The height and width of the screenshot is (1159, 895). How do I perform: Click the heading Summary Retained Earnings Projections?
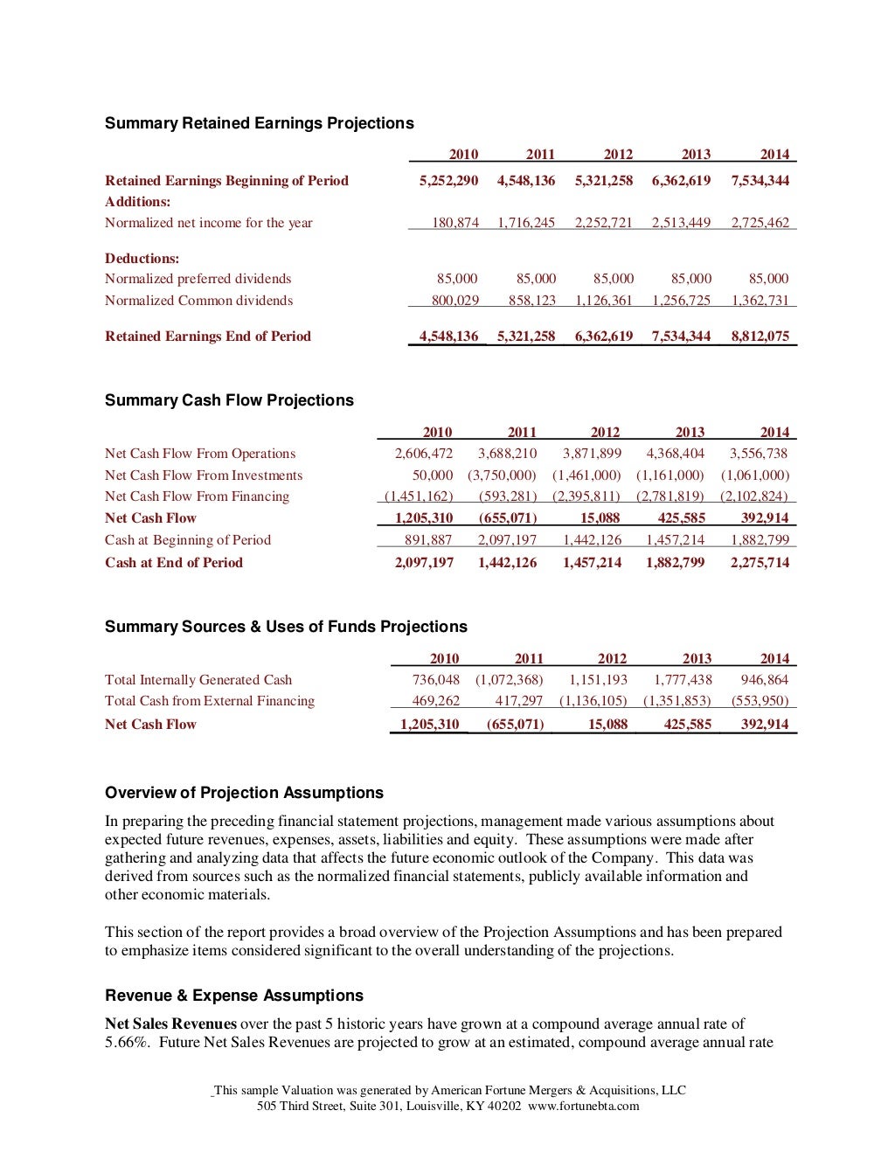pyautogui.click(x=259, y=123)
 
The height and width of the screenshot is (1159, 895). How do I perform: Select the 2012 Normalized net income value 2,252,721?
pyautogui.click(x=603, y=223)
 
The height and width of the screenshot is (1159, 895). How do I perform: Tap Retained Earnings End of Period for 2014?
pyautogui.click(x=760, y=337)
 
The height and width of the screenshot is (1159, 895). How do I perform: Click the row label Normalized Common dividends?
pyautogui.click(x=198, y=301)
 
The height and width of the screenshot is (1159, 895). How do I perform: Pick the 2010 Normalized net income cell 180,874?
pyautogui.click(x=455, y=223)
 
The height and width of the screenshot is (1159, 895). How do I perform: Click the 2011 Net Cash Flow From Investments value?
pyautogui.click(x=502, y=475)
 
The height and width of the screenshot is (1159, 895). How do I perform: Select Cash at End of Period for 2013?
pyautogui.click(x=675, y=563)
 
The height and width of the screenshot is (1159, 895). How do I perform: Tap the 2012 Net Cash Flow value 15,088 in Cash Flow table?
pyautogui.click(x=600, y=518)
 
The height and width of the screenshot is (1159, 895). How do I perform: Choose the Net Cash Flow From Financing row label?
pyautogui.click(x=197, y=496)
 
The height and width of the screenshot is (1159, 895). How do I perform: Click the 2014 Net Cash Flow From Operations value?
pyautogui.click(x=759, y=454)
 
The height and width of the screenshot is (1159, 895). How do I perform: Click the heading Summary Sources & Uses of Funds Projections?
pyautogui.click(x=286, y=627)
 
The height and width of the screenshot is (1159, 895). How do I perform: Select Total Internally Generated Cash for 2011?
pyautogui.click(x=509, y=680)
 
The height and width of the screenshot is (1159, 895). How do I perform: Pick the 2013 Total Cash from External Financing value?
pyautogui.click(x=676, y=701)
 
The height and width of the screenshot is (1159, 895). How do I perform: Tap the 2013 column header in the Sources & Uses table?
pyautogui.click(x=697, y=658)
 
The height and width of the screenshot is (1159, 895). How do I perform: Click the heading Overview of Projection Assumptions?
pyautogui.click(x=244, y=793)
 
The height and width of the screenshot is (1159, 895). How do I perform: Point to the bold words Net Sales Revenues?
pyautogui.click(x=170, y=1024)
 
